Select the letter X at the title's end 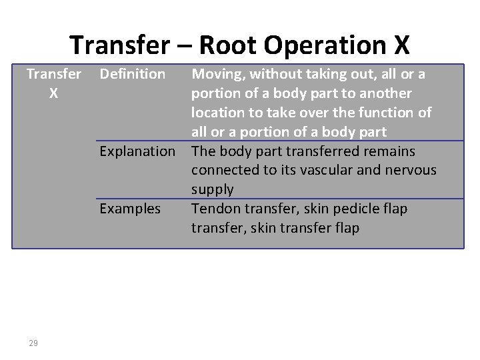[x=401, y=45]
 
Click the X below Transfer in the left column [x=53, y=93]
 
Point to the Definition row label [x=132, y=74]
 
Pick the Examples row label [x=130, y=209]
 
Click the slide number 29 [x=33, y=343]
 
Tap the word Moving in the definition [x=216, y=74]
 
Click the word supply [x=212, y=190]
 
